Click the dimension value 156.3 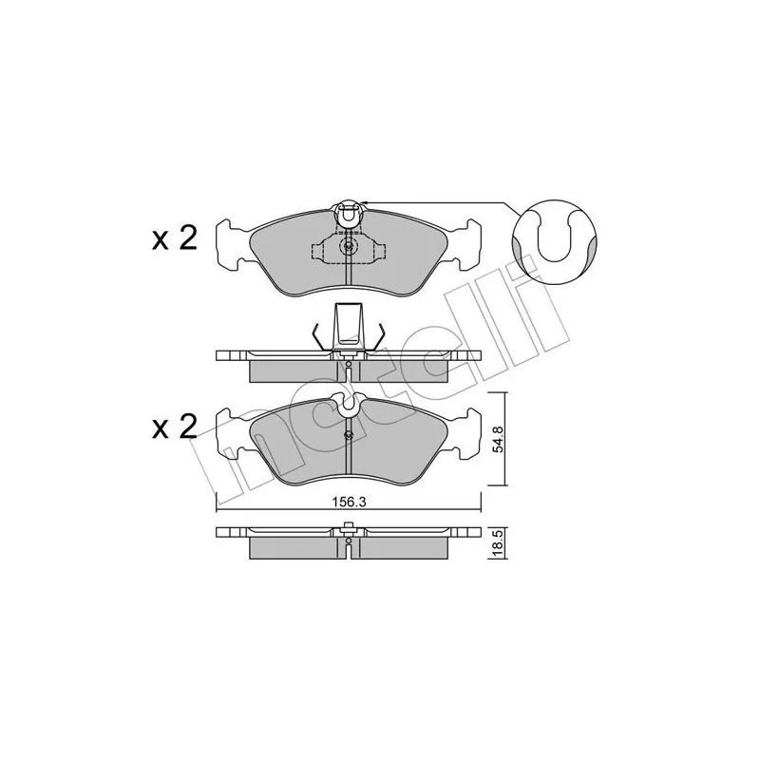coord(348,502)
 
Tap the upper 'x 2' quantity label coord(175,238)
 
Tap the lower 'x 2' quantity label coord(175,426)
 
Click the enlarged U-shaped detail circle coord(555,242)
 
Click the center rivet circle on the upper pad coord(348,247)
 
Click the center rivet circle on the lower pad coord(348,435)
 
